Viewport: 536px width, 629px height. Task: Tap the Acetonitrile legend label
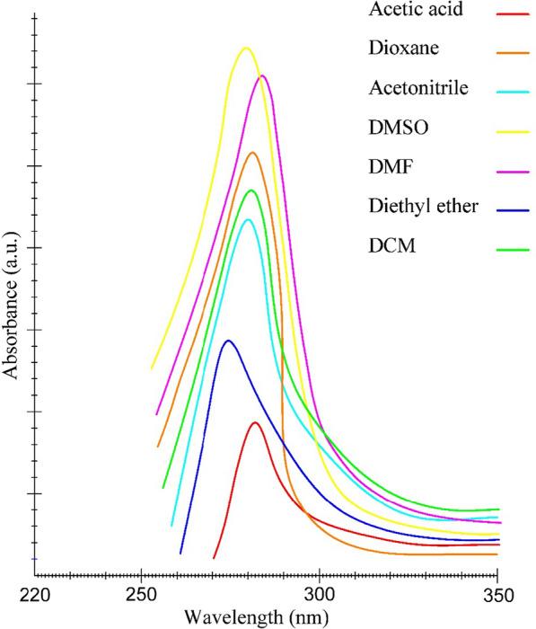(418, 88)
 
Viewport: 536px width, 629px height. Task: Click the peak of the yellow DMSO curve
(246, 48)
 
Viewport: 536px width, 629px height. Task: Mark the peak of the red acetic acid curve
(256, 422)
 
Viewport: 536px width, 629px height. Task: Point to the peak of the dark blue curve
(229, 341)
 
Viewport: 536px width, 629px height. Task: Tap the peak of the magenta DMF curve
(262, 75)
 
